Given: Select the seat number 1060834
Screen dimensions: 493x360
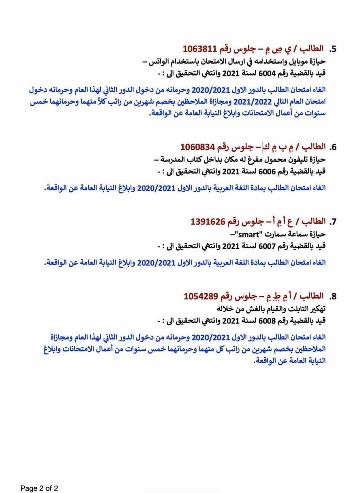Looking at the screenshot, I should (x=197, y=146).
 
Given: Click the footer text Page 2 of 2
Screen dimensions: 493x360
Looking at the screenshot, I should (x=39, y=488).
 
